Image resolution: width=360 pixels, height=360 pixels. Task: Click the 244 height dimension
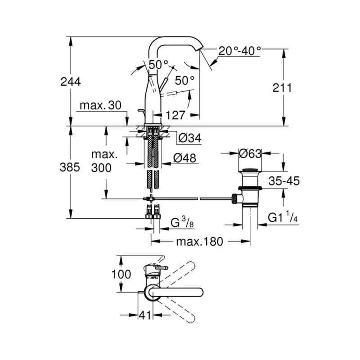click(71, 81)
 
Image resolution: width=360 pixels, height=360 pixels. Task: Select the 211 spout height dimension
click(283, 87)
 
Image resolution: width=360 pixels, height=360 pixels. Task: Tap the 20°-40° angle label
click(240, 50)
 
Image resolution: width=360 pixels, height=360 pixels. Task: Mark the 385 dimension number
click(71, 167)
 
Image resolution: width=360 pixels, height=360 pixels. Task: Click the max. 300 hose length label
click(104, 161)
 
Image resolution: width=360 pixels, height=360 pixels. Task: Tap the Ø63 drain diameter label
click(251, 153)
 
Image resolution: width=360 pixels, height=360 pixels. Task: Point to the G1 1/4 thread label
click(283, 218)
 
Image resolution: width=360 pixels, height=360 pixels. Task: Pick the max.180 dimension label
click(199, 242)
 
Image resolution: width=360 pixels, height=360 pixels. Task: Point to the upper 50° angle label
click(159, 64)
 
